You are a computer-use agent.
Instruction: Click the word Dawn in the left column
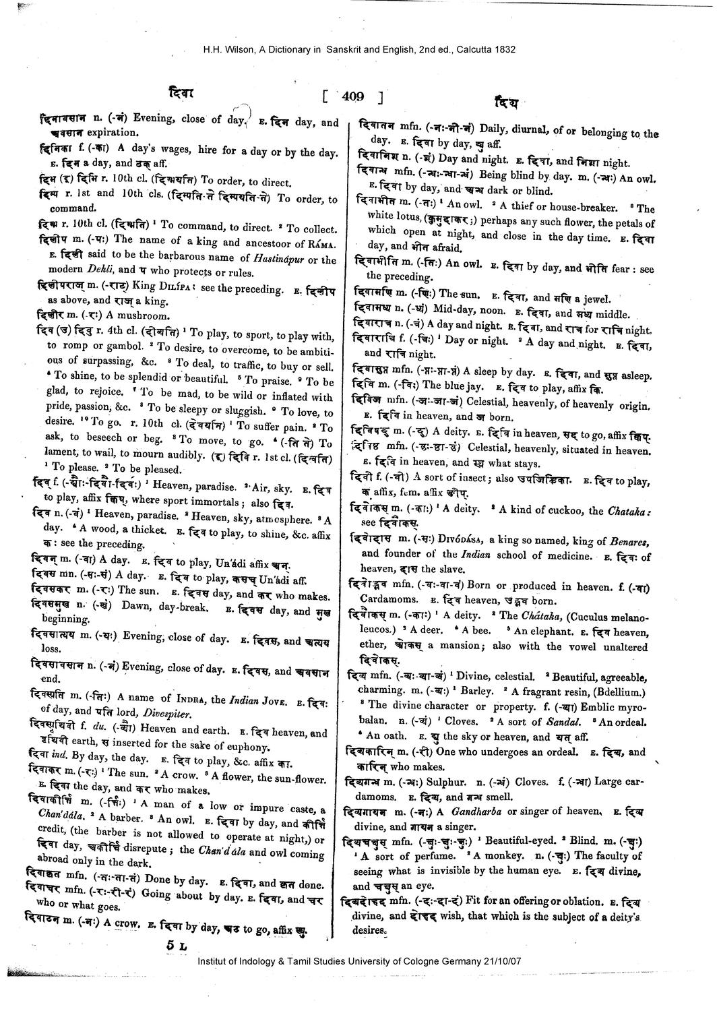pos(135,606)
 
